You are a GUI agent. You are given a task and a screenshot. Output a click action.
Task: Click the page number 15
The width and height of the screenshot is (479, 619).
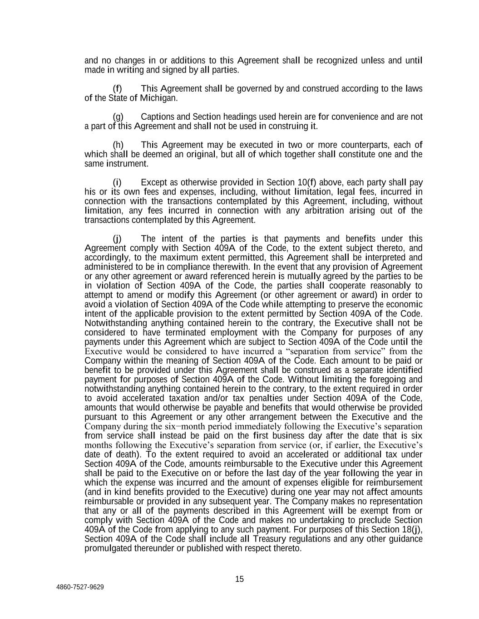(240, 579)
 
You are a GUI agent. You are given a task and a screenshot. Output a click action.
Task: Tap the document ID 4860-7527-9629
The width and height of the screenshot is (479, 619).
(80, 587)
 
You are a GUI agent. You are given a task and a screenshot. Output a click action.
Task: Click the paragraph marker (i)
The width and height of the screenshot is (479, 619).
(117, 183)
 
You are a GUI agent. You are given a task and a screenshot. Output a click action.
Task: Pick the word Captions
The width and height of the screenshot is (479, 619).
(157, 117)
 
